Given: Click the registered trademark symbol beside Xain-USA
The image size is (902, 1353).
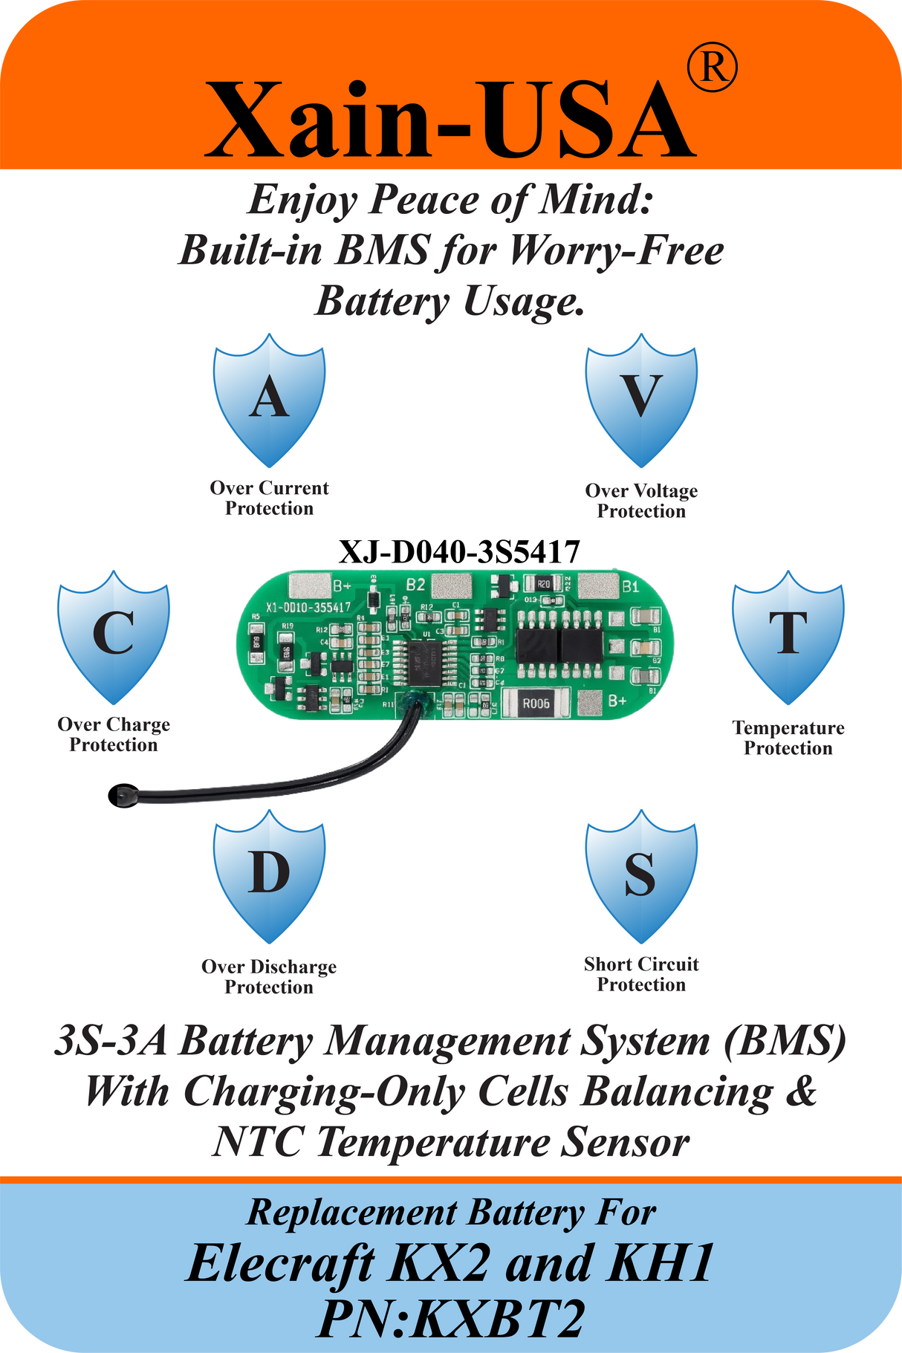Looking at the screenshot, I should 712,68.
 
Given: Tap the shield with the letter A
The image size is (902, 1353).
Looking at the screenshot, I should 269,401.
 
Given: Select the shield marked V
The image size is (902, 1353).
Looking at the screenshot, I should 640,401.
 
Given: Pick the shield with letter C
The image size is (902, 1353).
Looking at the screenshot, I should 113,637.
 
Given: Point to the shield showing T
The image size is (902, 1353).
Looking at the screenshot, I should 788,637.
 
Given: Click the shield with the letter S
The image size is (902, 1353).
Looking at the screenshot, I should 640,877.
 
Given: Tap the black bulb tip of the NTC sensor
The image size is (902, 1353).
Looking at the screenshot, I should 121,796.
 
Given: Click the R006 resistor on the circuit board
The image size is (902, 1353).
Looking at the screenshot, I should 536,703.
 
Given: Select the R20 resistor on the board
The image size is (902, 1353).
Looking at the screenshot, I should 543,584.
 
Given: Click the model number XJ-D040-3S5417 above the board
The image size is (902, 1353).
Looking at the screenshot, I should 459,552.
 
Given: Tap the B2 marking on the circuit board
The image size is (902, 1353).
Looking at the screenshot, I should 415,585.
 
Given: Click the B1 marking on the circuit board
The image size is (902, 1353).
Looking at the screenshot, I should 630,587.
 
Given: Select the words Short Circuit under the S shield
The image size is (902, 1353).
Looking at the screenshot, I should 640,964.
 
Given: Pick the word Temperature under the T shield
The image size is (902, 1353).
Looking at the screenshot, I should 788,728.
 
